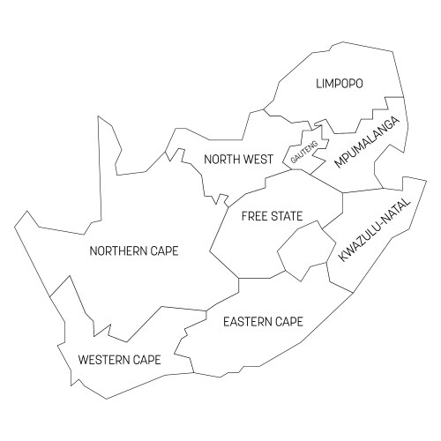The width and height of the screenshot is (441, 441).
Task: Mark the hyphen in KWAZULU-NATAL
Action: coord(371,220)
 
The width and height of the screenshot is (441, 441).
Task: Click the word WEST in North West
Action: coord(258,160)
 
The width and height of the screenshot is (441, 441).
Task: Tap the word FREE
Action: coord(256,216)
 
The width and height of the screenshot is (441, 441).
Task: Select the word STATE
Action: coord(288,216)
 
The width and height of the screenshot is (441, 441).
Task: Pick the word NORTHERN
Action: coord(119,251)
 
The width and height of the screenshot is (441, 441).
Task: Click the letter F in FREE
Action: coord(244,216)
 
